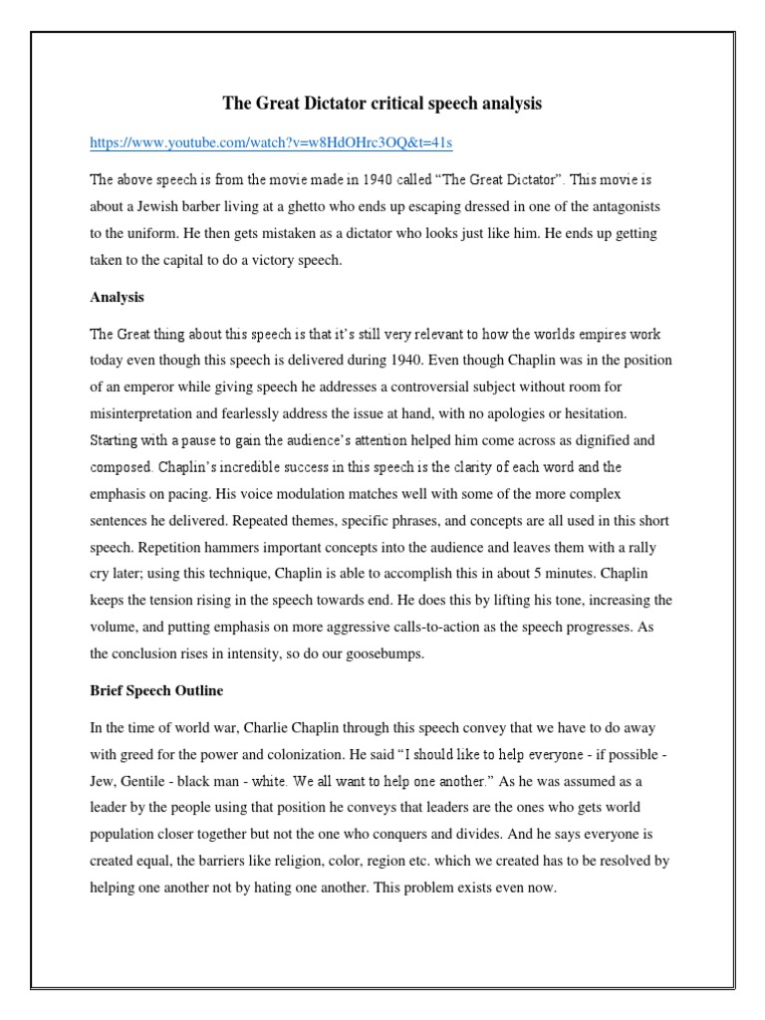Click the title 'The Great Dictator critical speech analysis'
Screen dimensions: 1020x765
click(382, 104)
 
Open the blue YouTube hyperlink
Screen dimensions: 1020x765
click(271, 143)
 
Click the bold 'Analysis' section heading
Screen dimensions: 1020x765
click(117, 297)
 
